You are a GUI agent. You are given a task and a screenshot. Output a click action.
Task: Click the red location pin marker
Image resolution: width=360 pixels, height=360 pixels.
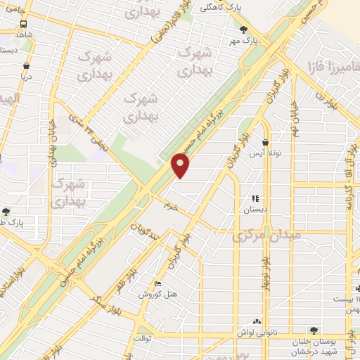(x=181, y=165)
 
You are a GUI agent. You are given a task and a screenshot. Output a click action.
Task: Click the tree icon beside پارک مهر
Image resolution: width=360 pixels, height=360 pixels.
(x=243, y=29)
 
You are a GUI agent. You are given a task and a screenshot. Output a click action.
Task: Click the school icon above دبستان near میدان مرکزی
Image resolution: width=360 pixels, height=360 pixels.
(x=256, y=199)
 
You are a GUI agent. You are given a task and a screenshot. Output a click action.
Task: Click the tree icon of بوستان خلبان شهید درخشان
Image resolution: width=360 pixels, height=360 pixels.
(x=313, y=329)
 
